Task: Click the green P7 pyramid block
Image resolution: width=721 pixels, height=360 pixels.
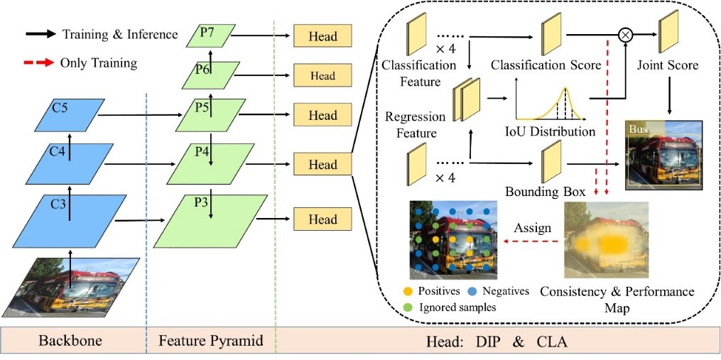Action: point(211,36)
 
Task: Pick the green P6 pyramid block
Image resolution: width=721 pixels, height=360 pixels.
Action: point(212,74)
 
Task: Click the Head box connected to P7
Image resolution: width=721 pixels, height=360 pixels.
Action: point(322,36)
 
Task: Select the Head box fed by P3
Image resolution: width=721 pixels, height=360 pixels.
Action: point(322,219)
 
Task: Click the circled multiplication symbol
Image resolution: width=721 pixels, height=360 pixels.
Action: point(625,33)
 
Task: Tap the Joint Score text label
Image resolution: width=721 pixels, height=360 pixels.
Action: point(668,65)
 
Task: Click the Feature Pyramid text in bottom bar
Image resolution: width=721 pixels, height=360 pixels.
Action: point(210,341)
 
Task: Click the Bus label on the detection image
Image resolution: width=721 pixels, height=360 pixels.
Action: point(636,129)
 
